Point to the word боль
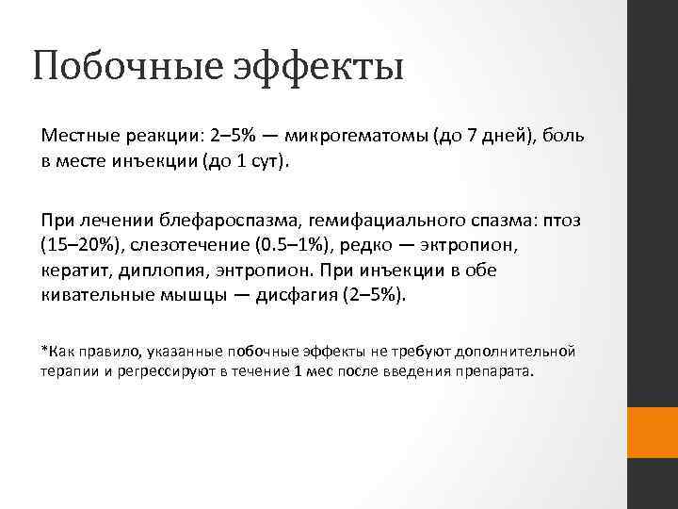[x=563, y=136]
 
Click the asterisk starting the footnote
[x=43, y=350]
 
